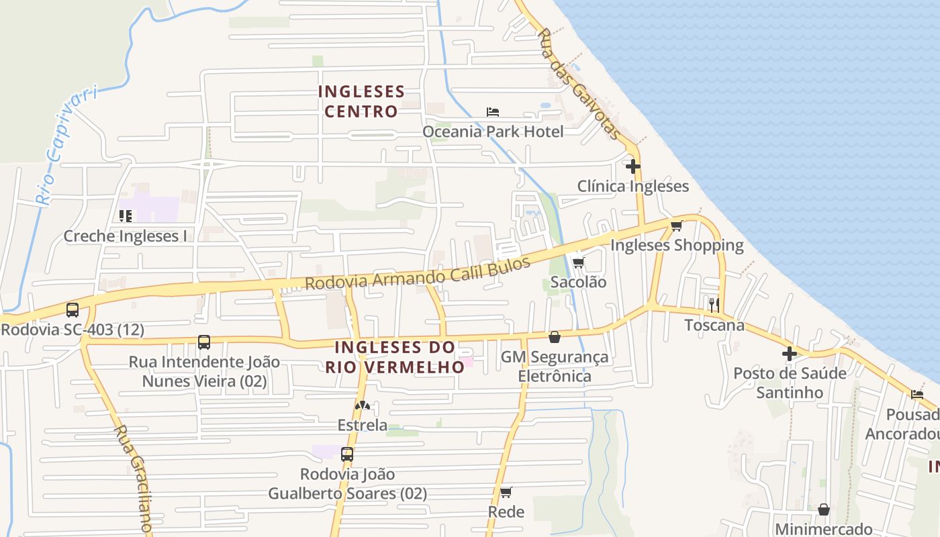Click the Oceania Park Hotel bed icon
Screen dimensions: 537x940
(x=493, y=111)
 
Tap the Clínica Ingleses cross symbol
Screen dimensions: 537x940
(x=633, y=166)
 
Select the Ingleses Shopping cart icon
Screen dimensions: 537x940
(x=676, y=226)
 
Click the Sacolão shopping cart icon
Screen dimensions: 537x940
(x=578, y=262)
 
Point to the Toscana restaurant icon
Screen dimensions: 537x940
(x=714, y=305)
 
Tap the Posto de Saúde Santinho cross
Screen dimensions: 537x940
(x=790, y=353)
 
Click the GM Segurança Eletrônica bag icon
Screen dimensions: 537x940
(x=555, y=336)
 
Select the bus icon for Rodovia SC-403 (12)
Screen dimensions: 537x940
(x=73, y=310)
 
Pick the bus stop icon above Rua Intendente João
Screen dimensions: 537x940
(x=204, y=342)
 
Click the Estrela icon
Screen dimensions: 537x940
(x=363, y=405)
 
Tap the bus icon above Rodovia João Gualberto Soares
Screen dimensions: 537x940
(x=347, y=454)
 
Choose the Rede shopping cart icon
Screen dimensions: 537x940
(x=506, y=492)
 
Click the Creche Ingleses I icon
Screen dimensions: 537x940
(x=125, y=216)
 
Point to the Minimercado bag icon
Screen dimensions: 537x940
(x=823, y=509)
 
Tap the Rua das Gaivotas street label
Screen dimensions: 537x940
(x=580, y=84)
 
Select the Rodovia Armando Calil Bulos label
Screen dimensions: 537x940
(x=418, y=271)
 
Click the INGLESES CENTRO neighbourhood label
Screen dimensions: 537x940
(x=361, y=101)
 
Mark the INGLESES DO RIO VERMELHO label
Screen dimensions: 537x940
(x=395, y=357)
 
